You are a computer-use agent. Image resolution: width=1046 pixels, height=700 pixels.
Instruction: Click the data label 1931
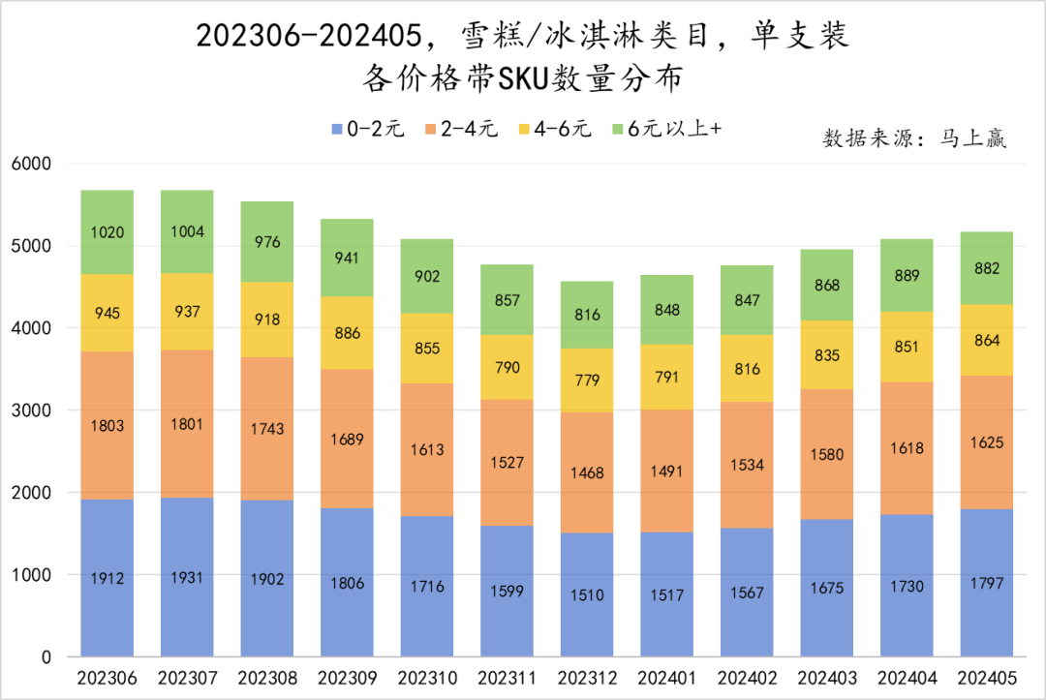click(x=187, y=577)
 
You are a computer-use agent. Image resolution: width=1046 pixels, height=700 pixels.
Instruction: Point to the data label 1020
click(x=107, y=232)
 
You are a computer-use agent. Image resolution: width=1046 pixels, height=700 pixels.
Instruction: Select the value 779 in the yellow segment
click(x=587, y=380)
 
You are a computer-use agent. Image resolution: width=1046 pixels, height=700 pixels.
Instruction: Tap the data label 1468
click(x=587, y=473)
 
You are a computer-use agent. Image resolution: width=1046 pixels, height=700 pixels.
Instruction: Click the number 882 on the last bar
click(x=986, y=268)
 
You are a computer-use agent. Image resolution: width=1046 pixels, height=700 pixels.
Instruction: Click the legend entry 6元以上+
click(x=674, y=130)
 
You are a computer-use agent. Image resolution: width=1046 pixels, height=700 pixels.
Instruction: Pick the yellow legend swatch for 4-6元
click(x=526, y=130)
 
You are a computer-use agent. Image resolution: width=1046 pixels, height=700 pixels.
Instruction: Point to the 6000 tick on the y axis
click(x=31, y=164)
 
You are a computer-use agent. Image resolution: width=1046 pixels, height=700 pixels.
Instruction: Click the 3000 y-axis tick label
click(x=31, y=411)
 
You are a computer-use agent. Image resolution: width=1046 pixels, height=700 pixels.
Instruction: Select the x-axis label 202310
click(x=427, y=677)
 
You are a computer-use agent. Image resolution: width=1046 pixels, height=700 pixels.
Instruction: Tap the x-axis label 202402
click(x=747, y=677)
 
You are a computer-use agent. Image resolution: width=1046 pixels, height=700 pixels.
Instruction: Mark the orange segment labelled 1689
click(x=347, y=438)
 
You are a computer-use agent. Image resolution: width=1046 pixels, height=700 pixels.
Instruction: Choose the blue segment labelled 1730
click(x=907, y=586)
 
